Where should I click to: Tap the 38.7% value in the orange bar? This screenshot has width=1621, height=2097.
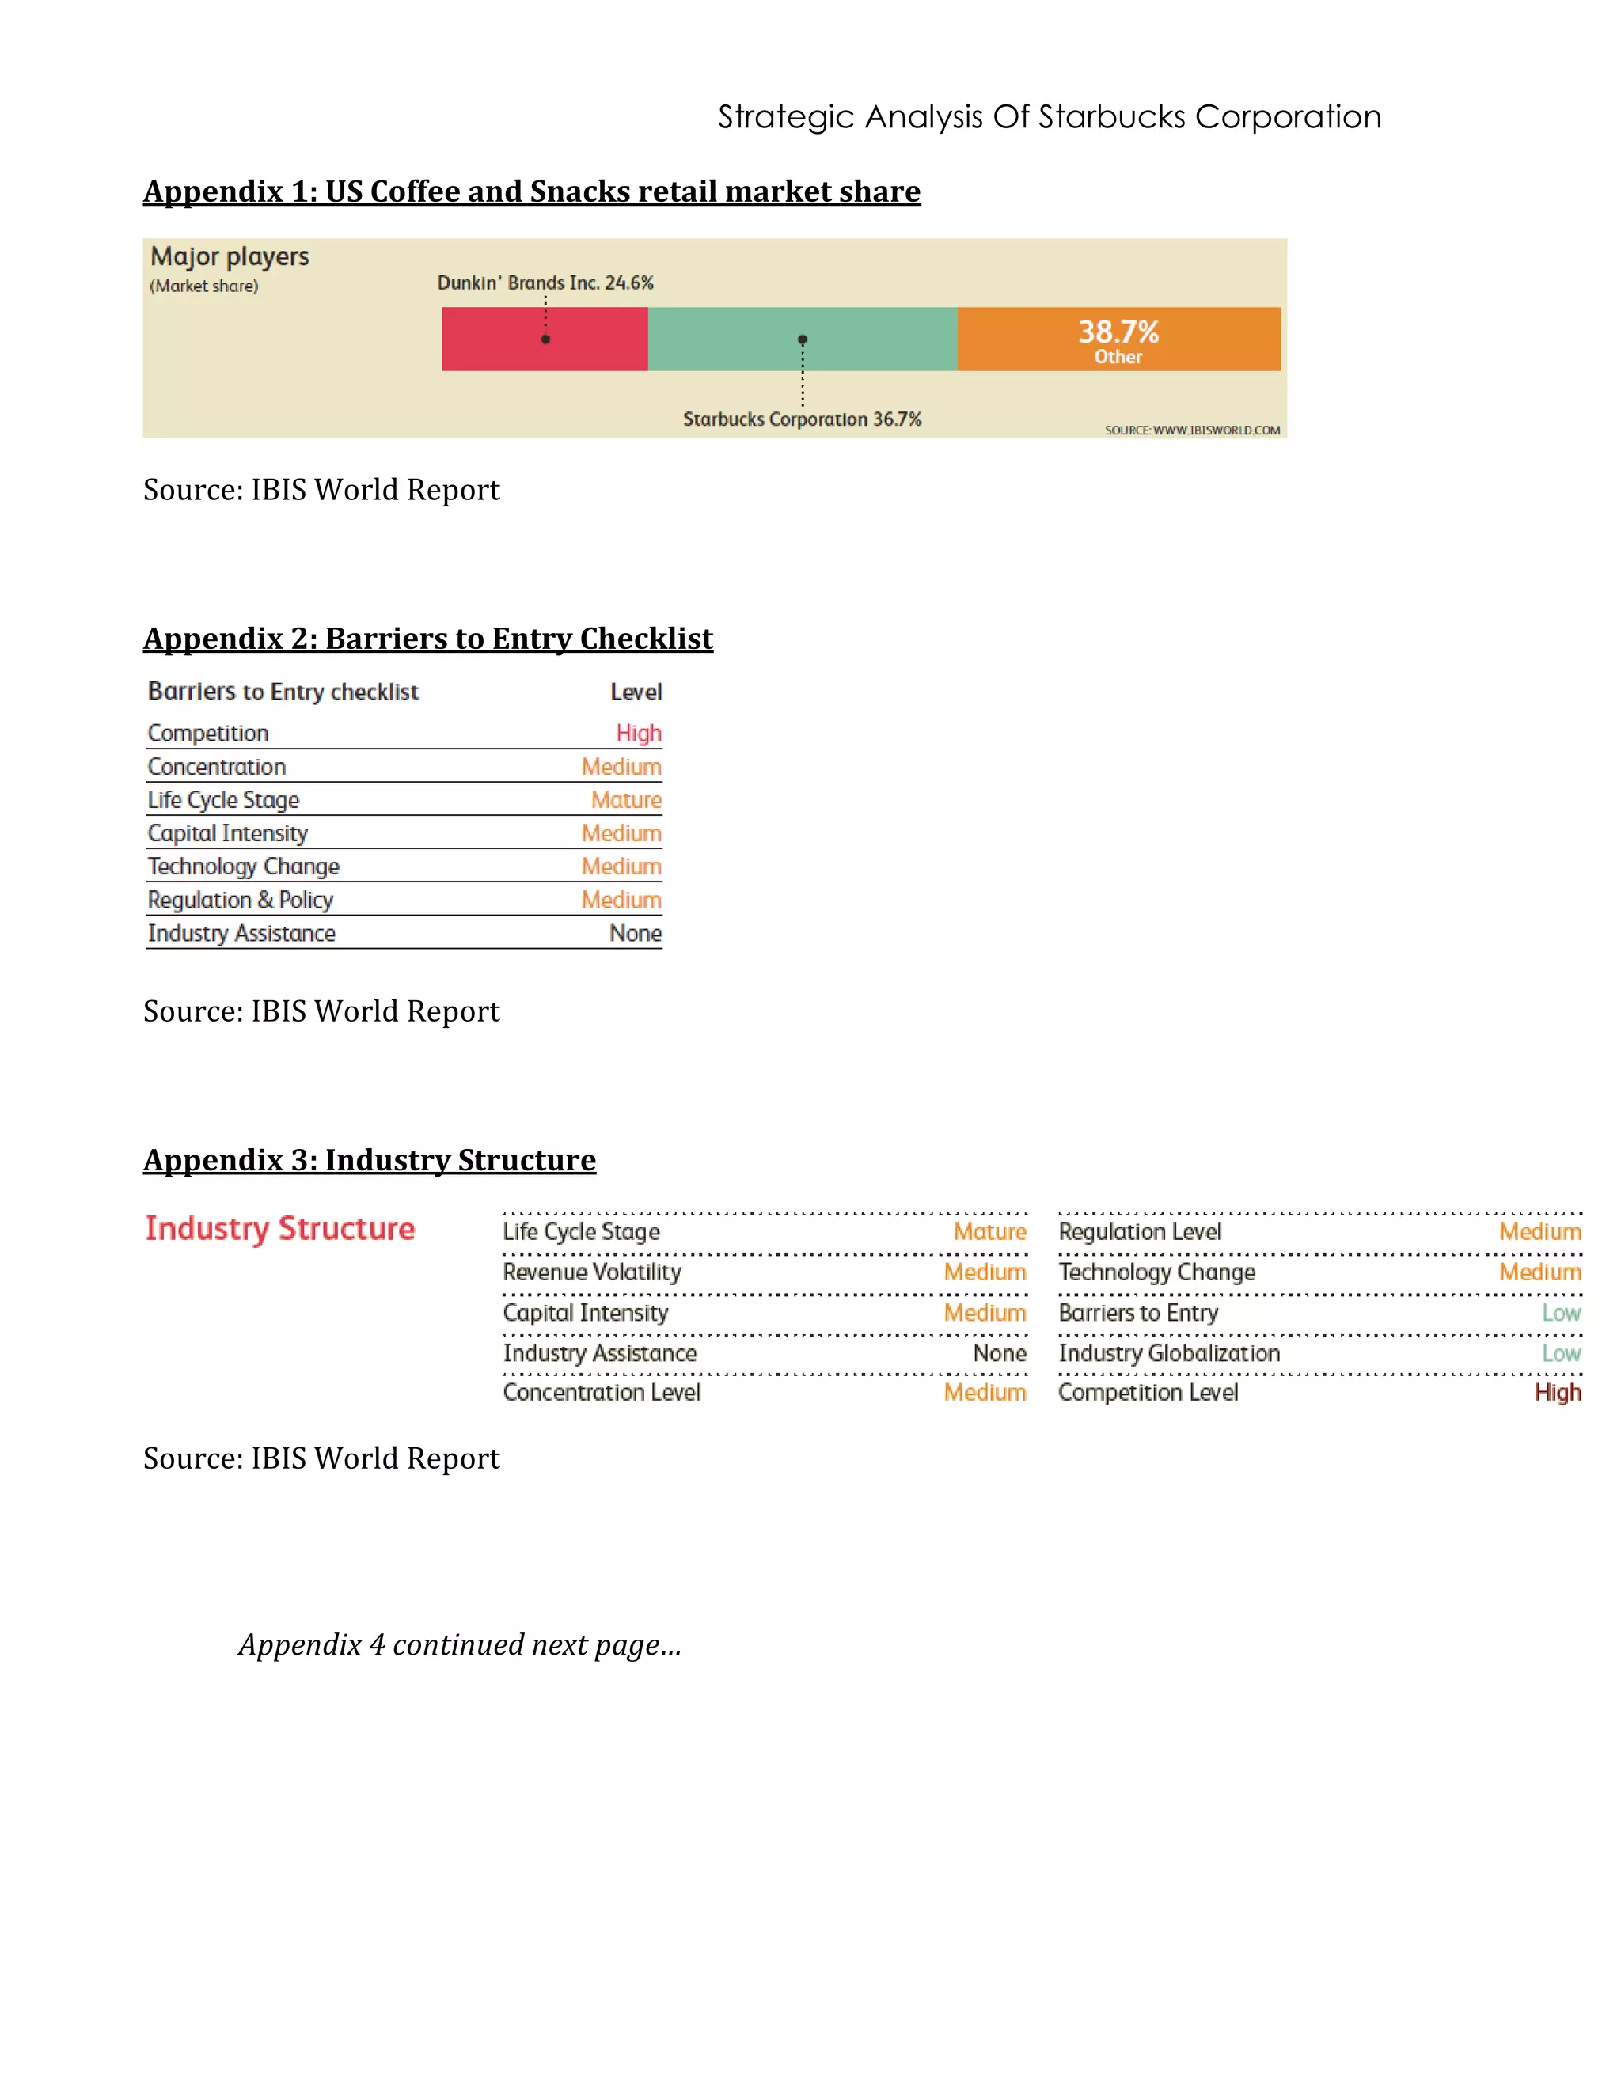click(x=1118, y=332)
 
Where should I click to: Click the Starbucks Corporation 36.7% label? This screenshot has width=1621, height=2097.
click(x=802, y=419)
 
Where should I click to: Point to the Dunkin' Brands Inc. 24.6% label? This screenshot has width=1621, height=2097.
click(x=545, y=283)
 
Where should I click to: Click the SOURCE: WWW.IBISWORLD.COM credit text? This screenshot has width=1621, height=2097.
click(x=1192, y=430)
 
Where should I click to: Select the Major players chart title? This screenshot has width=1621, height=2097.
click(x=230, y=256)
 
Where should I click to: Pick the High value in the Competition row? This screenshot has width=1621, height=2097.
click(x=639, y=733)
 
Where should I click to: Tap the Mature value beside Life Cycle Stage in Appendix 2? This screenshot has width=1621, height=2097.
click(x=626, y=800)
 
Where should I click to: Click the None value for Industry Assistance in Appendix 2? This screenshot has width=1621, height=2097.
click(x=636, y=933)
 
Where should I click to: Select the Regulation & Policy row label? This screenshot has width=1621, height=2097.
click(x=240, y=900)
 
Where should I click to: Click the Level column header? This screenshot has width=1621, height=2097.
click(x=636, y=692)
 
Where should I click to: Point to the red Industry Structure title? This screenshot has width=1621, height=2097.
click(x=279, y=1228)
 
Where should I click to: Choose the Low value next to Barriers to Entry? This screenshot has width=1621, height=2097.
click(x=1561, y=1313)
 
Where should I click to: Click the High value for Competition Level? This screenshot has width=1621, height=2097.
click(x=1557, y=1392)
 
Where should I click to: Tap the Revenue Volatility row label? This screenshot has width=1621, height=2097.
click(x=591, y=1272)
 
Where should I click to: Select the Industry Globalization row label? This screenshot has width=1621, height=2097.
click(x=1169, y=1353)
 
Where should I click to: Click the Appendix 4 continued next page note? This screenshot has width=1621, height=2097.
click(x=460, y=1645)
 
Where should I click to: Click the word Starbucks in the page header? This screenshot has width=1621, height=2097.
click(x=1111, y=117)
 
